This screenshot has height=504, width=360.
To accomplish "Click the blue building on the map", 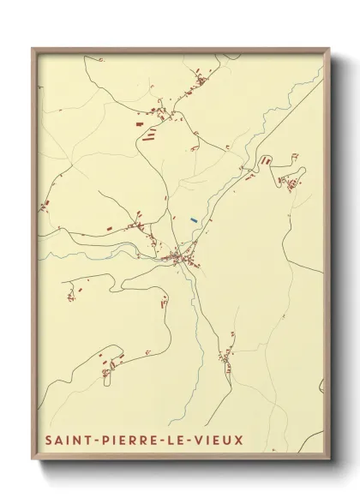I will click(x=195, y=220).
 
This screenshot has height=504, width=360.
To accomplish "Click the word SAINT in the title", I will click(x=70, y=441).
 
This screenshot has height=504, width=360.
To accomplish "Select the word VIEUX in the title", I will click(x=219, y=441).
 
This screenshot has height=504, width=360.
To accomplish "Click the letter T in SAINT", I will click(x=89, y=441).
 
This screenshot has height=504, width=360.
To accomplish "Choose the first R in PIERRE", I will click(x=135, y=441).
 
